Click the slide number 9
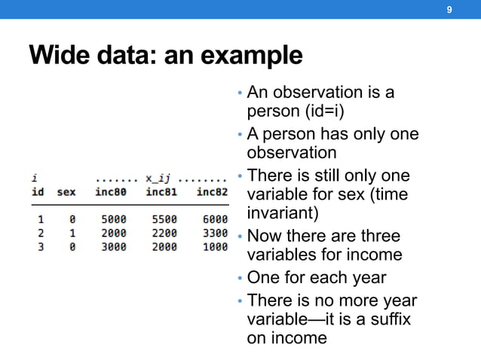click(449, 10)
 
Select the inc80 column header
click(111, 192)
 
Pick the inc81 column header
click(161, 192)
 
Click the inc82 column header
click(212, 192)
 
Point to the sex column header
click(66, 192)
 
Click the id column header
click(37, 192)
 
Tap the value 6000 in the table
click(214, 218)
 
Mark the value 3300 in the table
click(214, 233)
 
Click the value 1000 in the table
click(214, 247)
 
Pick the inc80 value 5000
click(113, 218)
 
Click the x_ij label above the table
click(158, 178)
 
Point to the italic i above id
click(35, 178)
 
